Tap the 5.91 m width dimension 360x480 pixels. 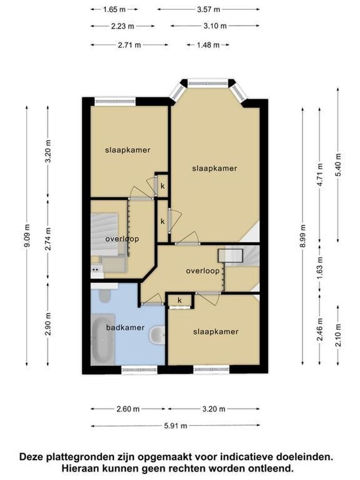[176, 425]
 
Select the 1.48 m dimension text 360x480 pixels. [208, 45]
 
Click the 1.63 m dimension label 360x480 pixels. [320, 268]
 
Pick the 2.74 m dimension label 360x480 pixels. [48, 239]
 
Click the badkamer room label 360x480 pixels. [125, 328]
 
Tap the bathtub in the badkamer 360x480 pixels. [103, 340]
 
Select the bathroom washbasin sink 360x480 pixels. [157, 334]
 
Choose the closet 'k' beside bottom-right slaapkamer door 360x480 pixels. [180, 300]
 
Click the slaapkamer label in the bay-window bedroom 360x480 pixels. [215, 168]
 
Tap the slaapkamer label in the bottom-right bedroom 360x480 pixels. [216, 332]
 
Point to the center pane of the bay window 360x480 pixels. [208, 82]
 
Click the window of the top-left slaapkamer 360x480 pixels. [115, 101]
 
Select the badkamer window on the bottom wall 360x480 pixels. [139, 370]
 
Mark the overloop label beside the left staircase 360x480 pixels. [122, 239]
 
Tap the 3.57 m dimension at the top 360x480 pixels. [208, 9]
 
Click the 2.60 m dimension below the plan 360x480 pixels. [128, 409]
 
